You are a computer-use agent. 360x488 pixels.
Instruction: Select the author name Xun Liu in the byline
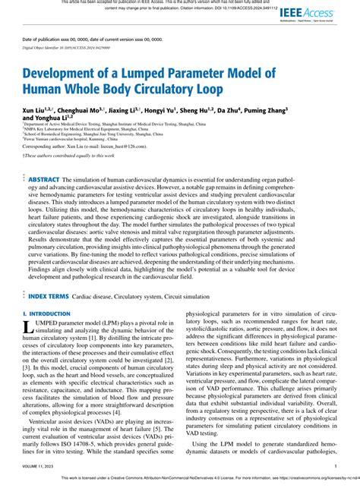click(x=35, y=110)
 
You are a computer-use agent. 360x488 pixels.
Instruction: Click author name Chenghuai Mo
click(x=81, y=110)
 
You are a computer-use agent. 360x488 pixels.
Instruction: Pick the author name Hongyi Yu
click(x=168, y=110)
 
